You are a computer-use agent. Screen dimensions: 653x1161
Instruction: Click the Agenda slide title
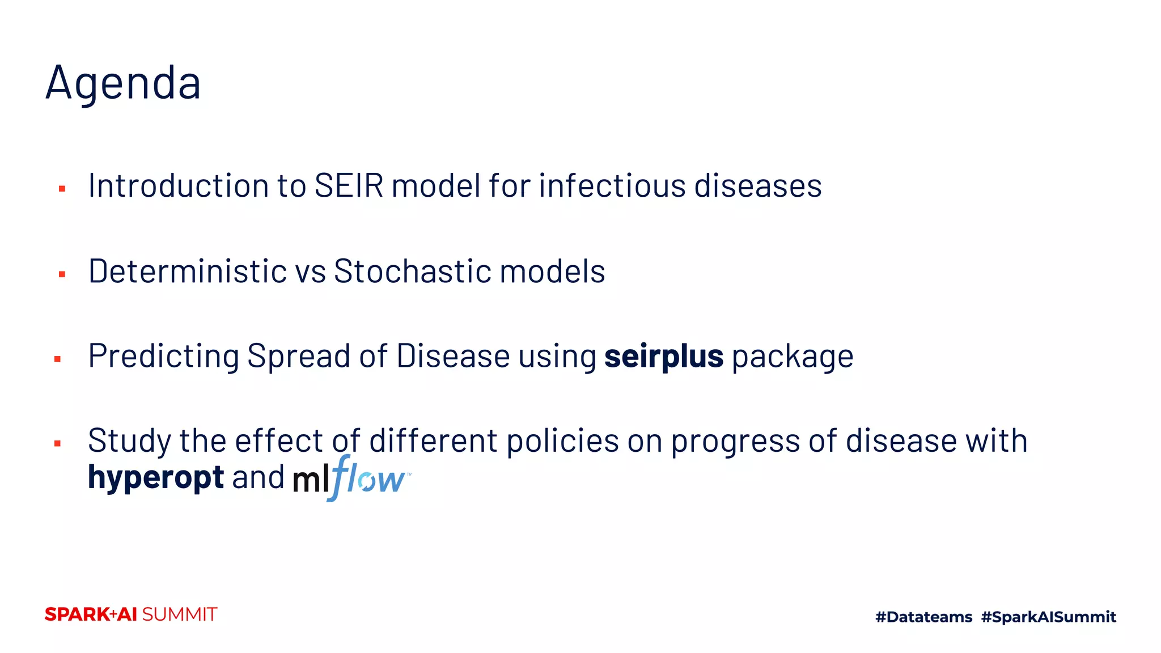[x=123, y=83]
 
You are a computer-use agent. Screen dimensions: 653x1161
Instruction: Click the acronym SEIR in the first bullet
[x=349, y=185]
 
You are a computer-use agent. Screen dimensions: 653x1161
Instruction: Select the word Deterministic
[x=187, y=271]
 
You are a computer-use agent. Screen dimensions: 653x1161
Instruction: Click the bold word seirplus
[x=663, y=357]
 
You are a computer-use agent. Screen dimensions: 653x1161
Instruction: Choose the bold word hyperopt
[x=156, y=478]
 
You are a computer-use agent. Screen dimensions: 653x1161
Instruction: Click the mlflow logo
[x=351, y=478]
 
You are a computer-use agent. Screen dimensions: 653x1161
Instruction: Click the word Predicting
[x=164, y=357]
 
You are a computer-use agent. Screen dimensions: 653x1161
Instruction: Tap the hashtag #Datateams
[x=923, y=617]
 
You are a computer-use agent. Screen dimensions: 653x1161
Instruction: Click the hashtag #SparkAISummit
[x=1048, y=617]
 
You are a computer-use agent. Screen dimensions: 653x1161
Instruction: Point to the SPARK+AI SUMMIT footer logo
[x=131, y=614]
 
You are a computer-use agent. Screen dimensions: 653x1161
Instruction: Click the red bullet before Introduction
[x=62, y=189]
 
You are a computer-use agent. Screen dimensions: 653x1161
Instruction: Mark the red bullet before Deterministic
[x=62, y=274]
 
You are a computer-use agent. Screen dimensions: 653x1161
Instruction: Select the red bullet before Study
[x=57, y=443]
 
